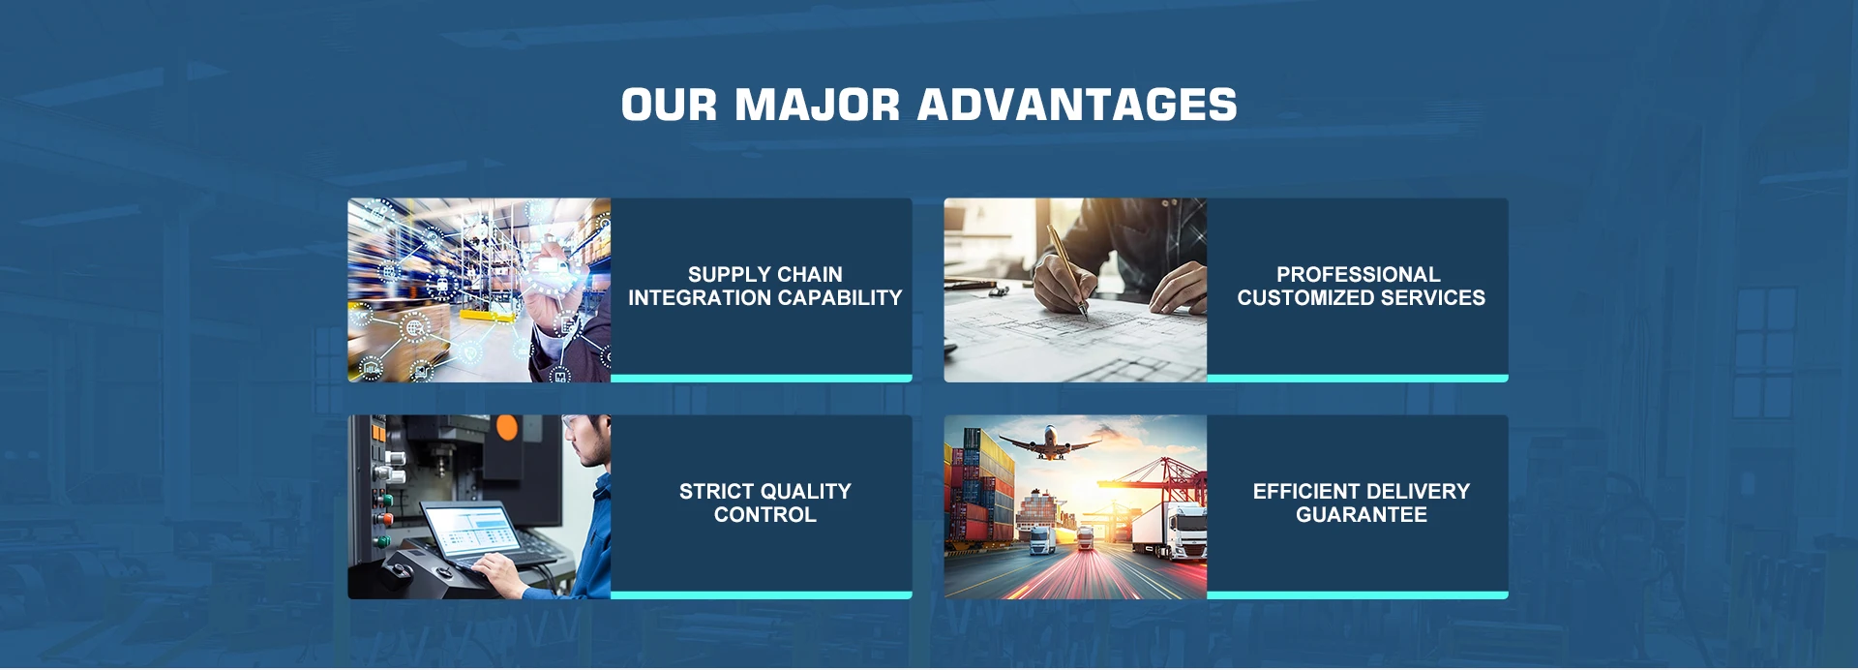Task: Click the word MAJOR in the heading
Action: tap(817, 105)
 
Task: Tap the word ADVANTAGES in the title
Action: tap(1077, 105)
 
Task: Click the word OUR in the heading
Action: tap(669, 105)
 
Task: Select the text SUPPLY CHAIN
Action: tap(765, 274)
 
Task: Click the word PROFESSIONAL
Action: tap(1358, 274)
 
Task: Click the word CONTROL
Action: tap(765, 514)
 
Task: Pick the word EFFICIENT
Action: tap(1306, 491)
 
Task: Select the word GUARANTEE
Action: tap(1362, 514)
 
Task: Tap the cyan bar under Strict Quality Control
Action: tap(762, 594)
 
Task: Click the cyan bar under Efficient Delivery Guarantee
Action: tap(1358, 594)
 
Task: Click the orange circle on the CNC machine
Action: tap(506, 428)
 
